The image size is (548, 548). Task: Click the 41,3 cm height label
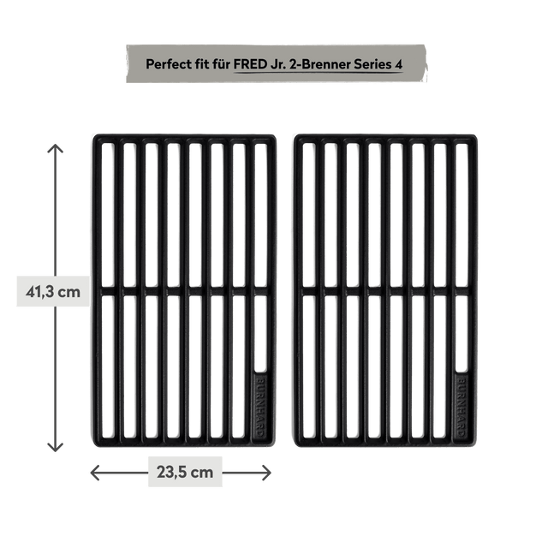pos(53,292)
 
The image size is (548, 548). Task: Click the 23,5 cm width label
pos(184,472)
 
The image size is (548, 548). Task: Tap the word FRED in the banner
pos(251,63)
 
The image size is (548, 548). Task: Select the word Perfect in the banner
pos(168,63)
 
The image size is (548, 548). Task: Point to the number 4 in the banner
pos(398,63)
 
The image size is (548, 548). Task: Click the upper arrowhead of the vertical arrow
pos(54,152)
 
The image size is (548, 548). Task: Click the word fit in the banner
pos(201,63)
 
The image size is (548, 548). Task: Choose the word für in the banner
pos(221,63)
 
